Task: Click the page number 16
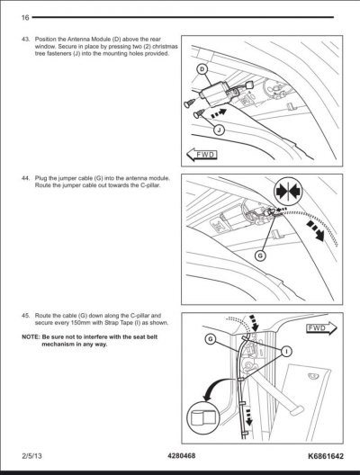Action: (x=25, y=18)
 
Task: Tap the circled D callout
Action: (x=202, y=69)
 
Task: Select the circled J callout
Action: (x=219, y=130)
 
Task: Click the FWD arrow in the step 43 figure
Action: (x=202, y=155)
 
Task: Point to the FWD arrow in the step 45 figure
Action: (x=321, y=328)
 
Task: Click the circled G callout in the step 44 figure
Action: (x=260, y=256)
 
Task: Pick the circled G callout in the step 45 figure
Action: (x=210, y=338)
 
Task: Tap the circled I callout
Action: (x=286, y=352)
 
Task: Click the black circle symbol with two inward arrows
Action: (x=288, y=192)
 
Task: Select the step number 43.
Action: (x=26, y=39)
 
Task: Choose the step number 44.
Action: (x=26, y=178)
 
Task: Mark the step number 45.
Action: (x=26, y=316)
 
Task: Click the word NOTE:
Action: (x=31, y=336)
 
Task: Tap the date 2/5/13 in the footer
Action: (x=31, y=456)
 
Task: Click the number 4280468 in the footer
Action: (x=182, y=455)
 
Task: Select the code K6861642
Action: (x=326, y=456)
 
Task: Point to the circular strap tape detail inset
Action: (x=202, y=417)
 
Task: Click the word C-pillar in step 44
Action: (x=150, y=185)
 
